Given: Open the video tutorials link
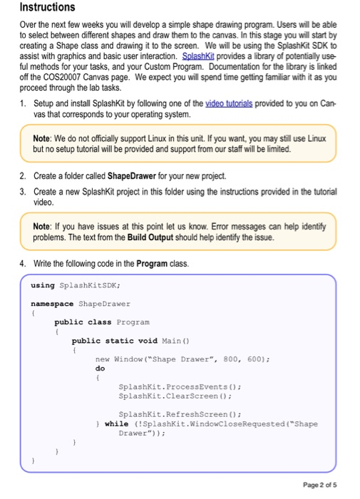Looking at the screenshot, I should (230, 103).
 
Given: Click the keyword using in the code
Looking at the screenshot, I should (42, 285).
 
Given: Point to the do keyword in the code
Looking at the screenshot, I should (100, 369).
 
